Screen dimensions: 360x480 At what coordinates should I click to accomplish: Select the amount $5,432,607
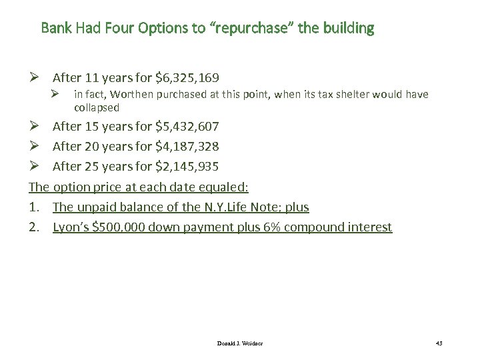pos(187,126)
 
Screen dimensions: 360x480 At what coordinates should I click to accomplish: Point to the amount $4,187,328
pos(187,146)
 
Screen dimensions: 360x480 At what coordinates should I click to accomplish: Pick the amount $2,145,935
pos(187,166)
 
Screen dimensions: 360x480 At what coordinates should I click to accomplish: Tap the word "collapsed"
pos(96,107)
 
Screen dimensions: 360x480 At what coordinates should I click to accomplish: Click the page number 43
pos(439,343)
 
